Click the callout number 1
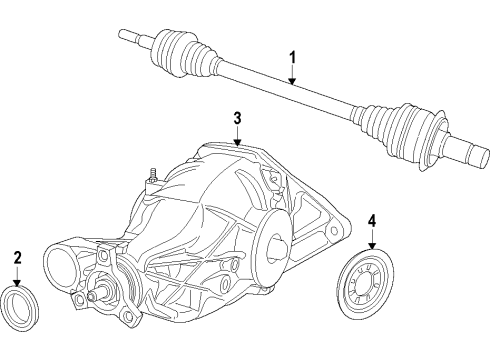[x=292, y=57]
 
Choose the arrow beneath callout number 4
[x=371, y=240]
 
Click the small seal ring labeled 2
[x=19, y=302]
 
